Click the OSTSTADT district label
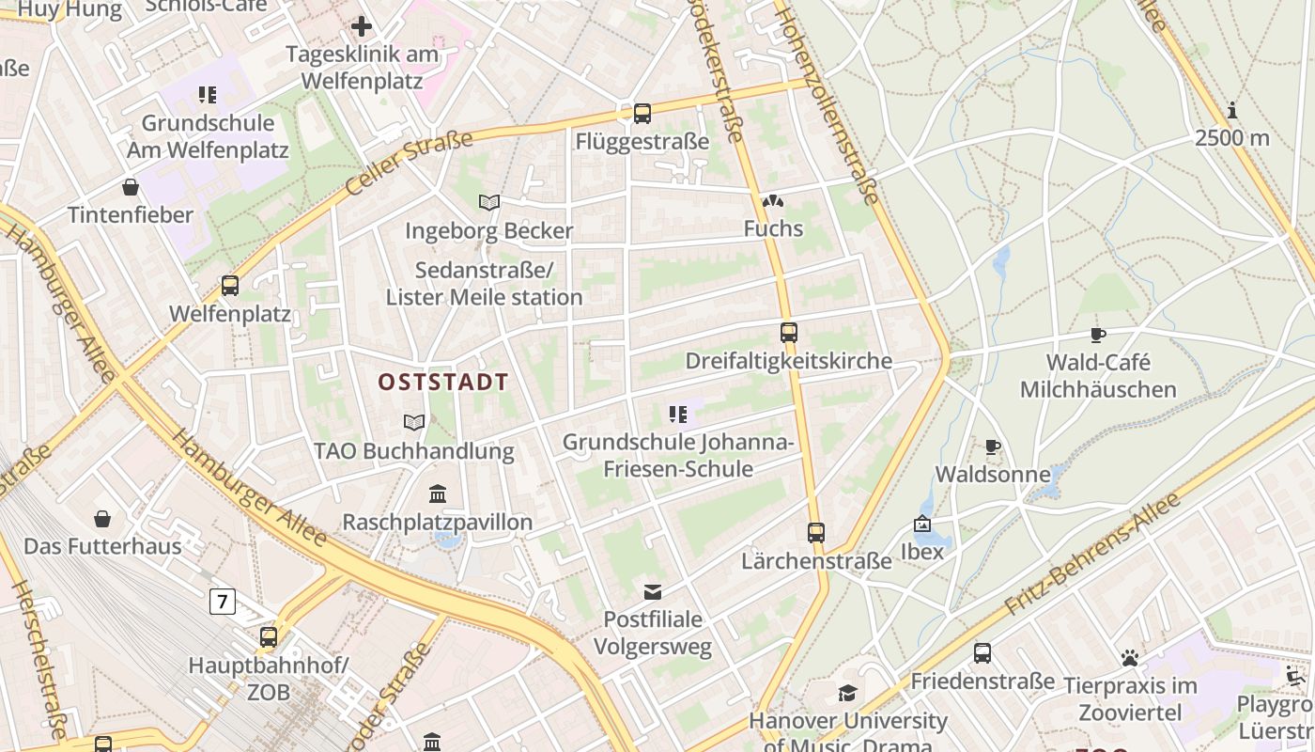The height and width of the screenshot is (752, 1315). [x=442, y=383]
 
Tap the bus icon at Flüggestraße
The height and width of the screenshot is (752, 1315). [x=642, y=114]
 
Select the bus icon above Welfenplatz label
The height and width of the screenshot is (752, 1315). [x=230, y=285]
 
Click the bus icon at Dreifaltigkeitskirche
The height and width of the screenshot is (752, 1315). [x=788, y=332]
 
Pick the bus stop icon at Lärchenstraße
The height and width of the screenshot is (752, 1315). [x=815, y=533]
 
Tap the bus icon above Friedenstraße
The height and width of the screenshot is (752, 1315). [x=982, y=652]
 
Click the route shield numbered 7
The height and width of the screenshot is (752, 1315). [x=222, y=601]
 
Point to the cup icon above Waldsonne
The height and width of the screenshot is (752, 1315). [x=992, y=446]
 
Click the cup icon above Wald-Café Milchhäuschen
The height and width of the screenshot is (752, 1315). [x=1097, y=335]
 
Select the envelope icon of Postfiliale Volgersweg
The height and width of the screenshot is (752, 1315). [x=652, y=591]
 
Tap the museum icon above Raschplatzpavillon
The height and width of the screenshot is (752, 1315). [x=437, y=493]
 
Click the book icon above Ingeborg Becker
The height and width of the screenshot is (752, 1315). [x=488, y=202]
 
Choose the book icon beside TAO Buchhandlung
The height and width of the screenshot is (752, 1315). [x=413, y=423]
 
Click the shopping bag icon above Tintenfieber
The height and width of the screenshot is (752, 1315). [x=130, y=187]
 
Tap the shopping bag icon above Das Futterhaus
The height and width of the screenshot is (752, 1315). [x=102, y=518]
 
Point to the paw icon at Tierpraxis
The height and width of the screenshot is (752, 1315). [x=1129, y=657]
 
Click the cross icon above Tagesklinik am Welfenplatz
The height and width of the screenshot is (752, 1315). [x=362, y=26]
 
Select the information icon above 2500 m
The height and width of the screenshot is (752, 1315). [x=1232, y=110]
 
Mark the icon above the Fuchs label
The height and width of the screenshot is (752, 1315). [x=772, y=200]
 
